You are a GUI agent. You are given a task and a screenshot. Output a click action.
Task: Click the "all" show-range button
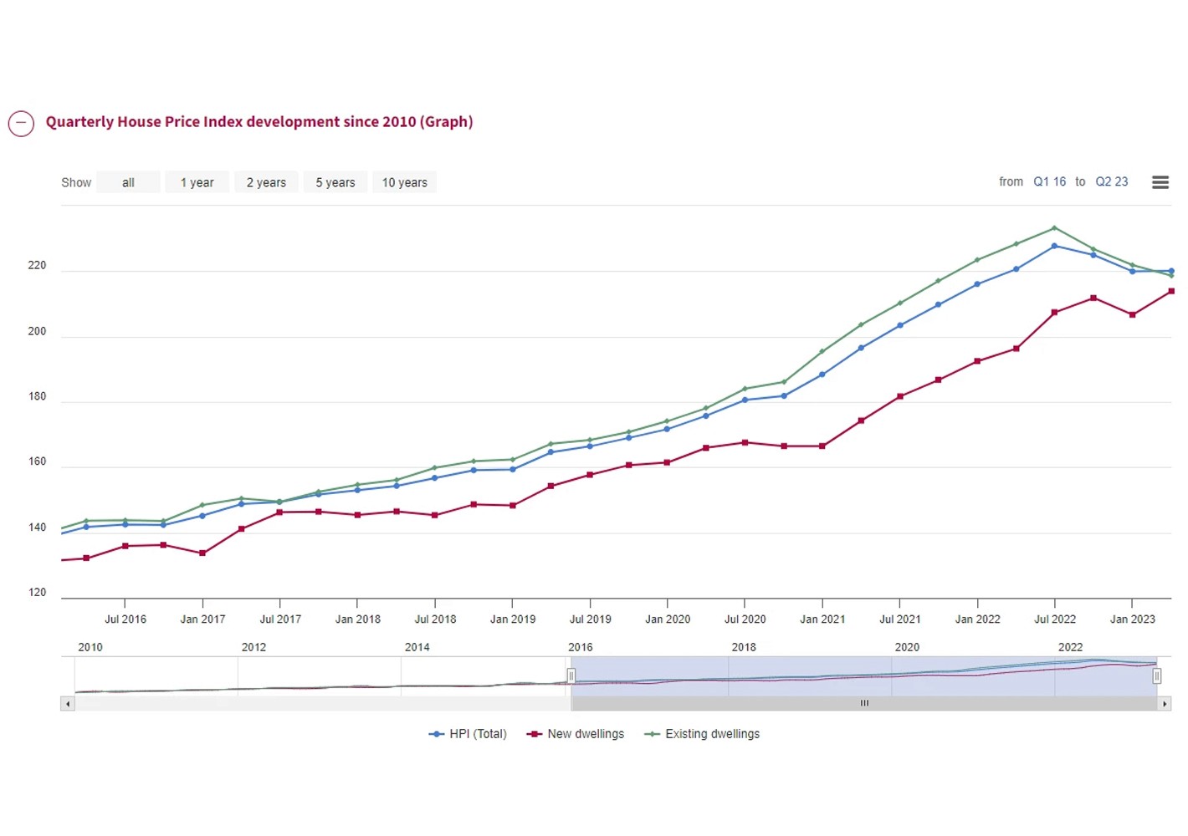pos(128,182)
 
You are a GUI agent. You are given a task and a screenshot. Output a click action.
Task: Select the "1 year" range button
pos(197,182)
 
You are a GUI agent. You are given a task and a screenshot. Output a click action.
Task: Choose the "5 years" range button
pos(335,182)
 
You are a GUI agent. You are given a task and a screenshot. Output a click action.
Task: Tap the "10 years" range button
pos(404,182)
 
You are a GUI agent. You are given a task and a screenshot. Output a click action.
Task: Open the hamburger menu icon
pos(1160,182)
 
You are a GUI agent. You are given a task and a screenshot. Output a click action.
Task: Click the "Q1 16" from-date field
pos(1049,181)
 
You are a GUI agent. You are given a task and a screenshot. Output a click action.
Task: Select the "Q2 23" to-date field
pos(1111,181)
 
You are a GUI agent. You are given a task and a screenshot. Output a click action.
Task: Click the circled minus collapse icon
pos(21,123)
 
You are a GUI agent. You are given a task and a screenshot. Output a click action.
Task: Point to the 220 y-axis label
pos(37,265)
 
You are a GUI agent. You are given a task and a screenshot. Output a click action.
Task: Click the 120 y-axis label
pos(37,592)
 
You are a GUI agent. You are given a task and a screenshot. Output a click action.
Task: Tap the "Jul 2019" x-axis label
pos(590,619)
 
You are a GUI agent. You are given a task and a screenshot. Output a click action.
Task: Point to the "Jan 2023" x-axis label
pos(1132,619)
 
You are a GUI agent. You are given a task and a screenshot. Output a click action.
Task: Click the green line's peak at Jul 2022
pos(1054,227)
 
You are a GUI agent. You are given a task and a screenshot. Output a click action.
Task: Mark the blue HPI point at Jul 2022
pos(1054,246)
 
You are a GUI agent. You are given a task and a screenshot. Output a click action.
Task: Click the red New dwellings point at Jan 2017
pos(202,553)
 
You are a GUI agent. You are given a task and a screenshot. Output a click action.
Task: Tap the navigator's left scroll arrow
pos(68,704)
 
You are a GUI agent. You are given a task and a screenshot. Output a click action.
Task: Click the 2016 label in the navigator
pos(580,647)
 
